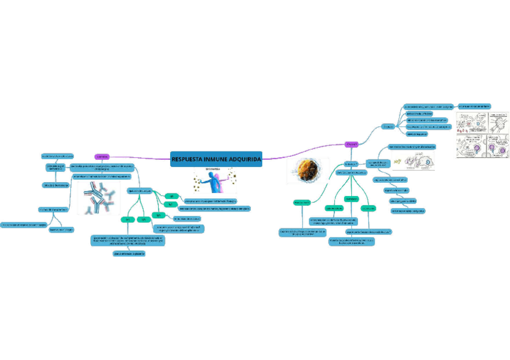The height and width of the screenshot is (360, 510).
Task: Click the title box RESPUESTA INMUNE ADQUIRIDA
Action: pyautogui.click(x=216, y=159)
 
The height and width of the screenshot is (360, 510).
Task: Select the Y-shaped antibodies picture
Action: pyautogui.click(x=99, y=198)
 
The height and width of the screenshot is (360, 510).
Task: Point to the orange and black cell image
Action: pyautogui.click(x=313, y=171)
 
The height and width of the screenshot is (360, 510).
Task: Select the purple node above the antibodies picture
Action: pyautogui.click(x=102, y=157)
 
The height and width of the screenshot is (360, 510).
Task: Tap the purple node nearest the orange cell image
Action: pyautogui.click(x=352, y=144)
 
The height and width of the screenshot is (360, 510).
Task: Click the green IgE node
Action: pyautogui.click(x=171, y=197)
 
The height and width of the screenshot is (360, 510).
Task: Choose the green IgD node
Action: pyautogui.click(x=170, y=205)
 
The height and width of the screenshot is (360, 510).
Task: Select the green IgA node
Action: pyautogui.click(x=159, y=215)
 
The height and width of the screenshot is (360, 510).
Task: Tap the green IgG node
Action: pyautogui.click(x=127, y=219)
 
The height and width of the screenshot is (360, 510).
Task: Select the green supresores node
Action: pyautogui.click(x=368, y=209)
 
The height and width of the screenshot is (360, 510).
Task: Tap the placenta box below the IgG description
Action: pyautogui.click(x=129, y=254)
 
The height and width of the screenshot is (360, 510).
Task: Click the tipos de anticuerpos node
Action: pyautogui.click(x=138, y=191)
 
